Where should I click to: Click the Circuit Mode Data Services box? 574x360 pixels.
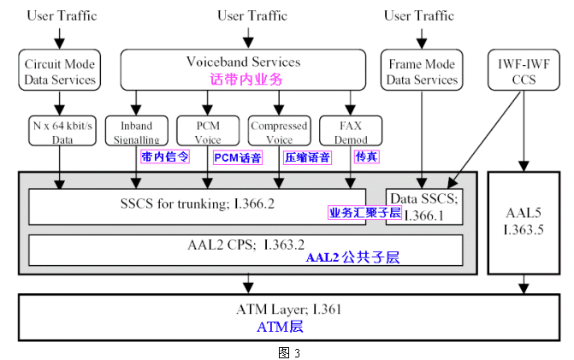[x=60, y=71]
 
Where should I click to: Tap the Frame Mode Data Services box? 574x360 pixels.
[x=423, y=71]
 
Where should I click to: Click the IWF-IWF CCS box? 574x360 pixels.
[x=520, y=71]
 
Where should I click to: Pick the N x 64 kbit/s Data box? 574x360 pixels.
[x=60, y=131]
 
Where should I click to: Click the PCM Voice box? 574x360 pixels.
[x=208, y=132]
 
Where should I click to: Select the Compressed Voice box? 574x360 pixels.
[x=279, y=132]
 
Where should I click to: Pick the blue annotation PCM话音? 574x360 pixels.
[x=237, y=157]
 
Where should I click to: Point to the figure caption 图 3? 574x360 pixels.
[x=284, y=351]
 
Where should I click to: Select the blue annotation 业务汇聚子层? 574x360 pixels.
[x=365, y=212]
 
